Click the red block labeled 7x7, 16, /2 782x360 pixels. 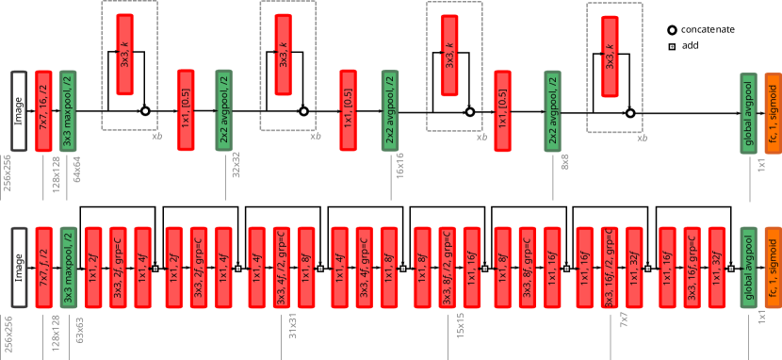pyautogui.click(x=43, y=111)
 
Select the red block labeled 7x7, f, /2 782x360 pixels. pyautogui.click(x=43, y=268)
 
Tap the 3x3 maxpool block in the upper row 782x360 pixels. pyautogui.click(x=68, y=111)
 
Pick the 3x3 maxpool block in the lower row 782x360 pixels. pyautogui.click(x=68, y=268)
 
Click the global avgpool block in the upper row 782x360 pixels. pyautogui.click(x=748, y=113)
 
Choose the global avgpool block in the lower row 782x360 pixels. pyautogui.click(x=748, y=268)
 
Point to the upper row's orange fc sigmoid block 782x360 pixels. pyautogui.click(x=773, y=113)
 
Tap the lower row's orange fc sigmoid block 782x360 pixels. pyautogui.click(x=773, y=268)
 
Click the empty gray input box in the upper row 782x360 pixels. pyautogui.click(x=19, y=111)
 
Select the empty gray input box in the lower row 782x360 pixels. pyautogui.click(x=19, y=268)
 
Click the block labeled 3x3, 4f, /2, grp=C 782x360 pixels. pyautogui.click(x=281, y=268)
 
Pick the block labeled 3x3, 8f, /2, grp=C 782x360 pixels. pyautogui.click(x=447, y=268)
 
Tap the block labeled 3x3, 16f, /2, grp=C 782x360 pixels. pyautogui.click(x=610, y=268)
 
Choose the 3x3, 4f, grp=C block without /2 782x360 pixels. pyautogui.click(x=364, y=268)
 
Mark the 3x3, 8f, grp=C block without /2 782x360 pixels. pyautogui.click(x=527, y=268)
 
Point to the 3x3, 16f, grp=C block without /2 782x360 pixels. pyautogui.click(x=692, y=268)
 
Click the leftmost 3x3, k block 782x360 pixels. pyautogui.click(x=124, y=55)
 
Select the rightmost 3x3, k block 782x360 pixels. pyautogui.click(x=610, y=57)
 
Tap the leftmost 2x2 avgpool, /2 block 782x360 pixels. pyautogui.click(x=223, y=110)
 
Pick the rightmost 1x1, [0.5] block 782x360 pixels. pyautogui.click(x=502, y=111)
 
